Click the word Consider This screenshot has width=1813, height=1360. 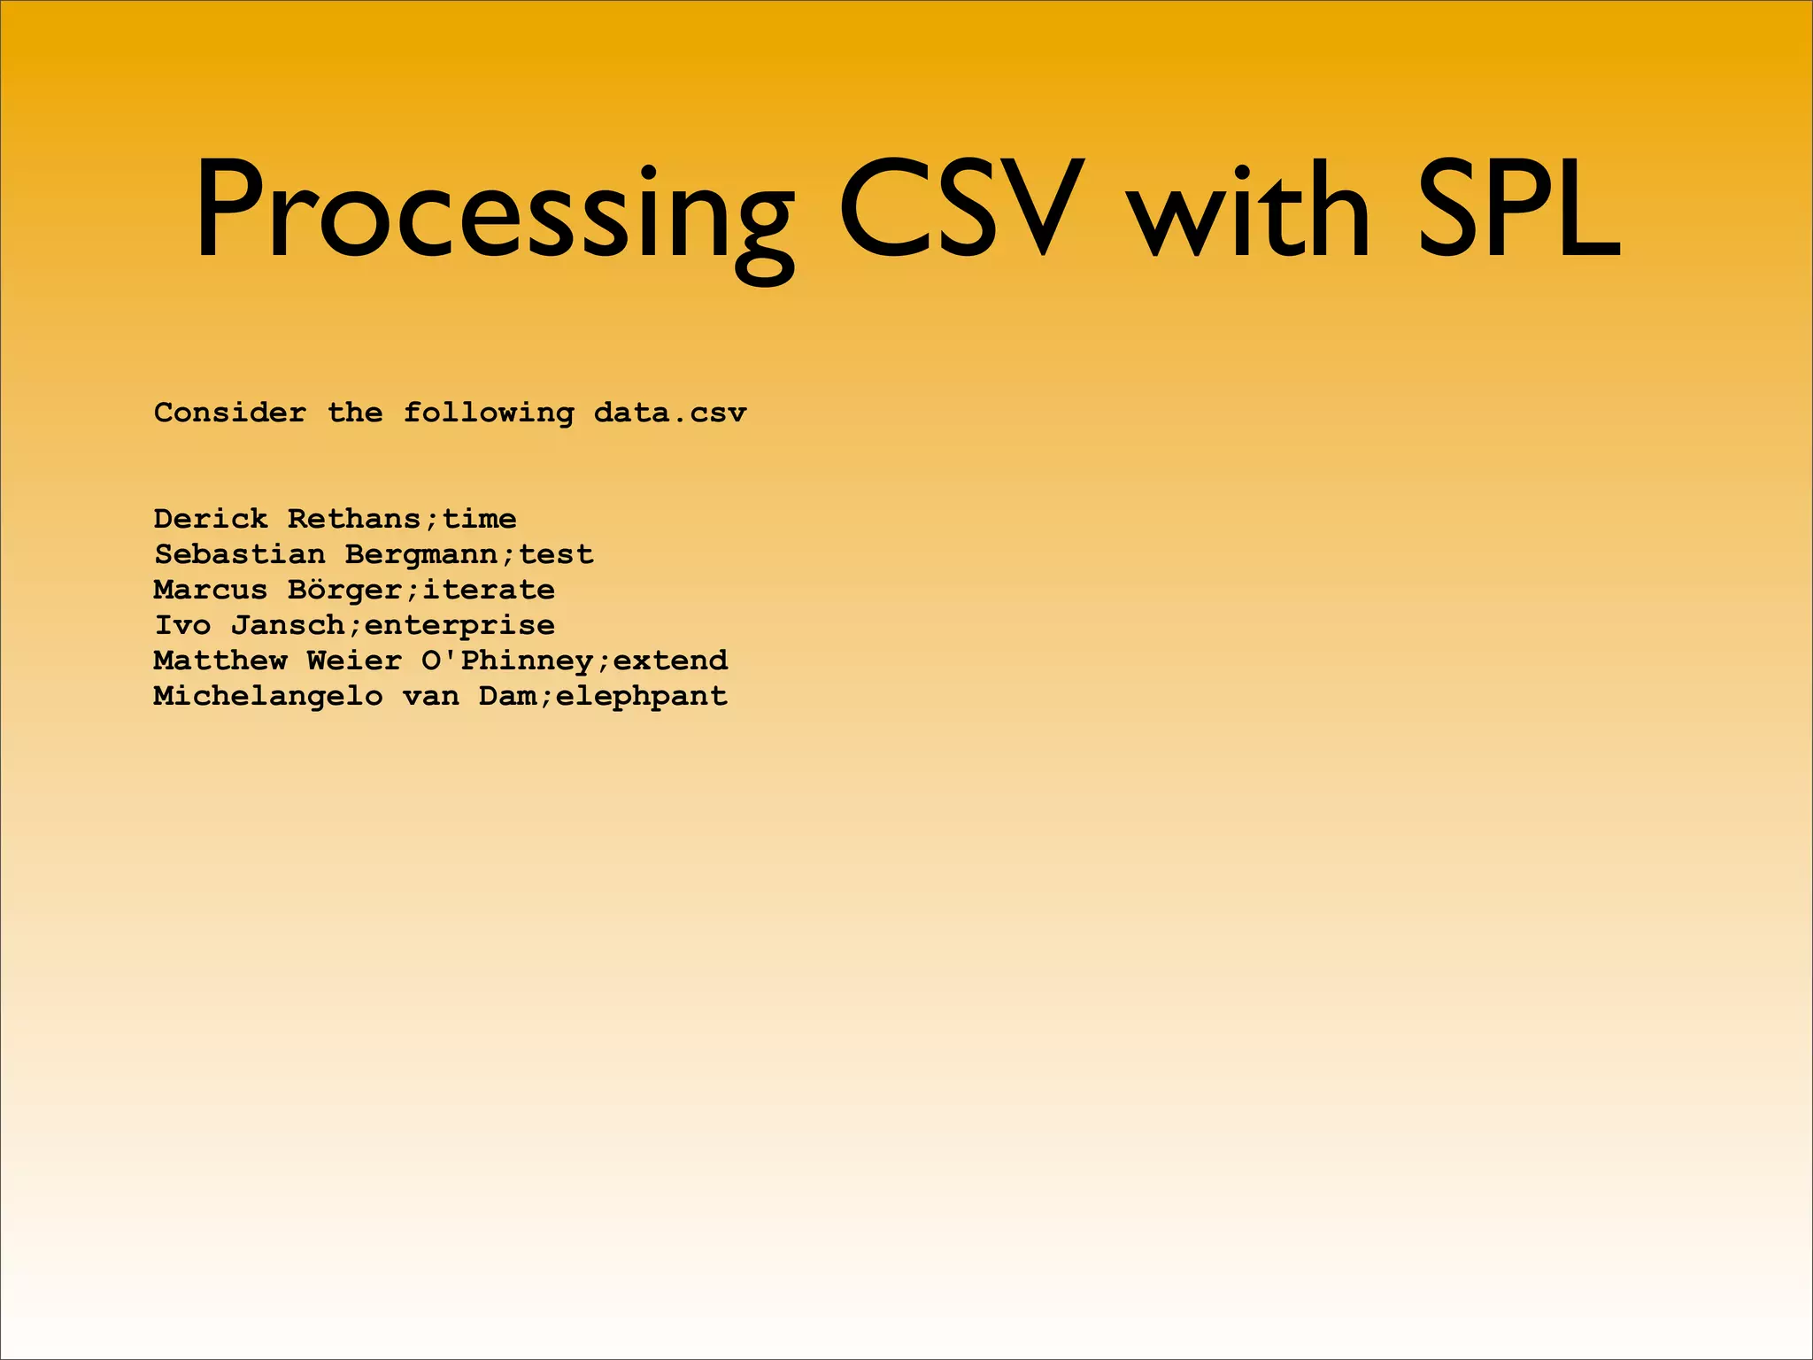click(x=230, y=413)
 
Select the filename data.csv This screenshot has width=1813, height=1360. click(x=670, y=413)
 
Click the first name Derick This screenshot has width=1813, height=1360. click(x=211, y=519)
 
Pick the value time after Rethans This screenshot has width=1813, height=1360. click(x=479, y=519)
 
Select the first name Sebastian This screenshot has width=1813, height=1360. click(x=240, y=554)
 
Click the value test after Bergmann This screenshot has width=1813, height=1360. click(x=556, y=554)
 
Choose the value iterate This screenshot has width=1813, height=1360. click(x=489, y=590)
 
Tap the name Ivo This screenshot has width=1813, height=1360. click(x=182, y=625)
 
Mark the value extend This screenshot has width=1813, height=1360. click(x=670, y=661)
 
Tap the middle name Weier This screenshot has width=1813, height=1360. click(x=354, y=661)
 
